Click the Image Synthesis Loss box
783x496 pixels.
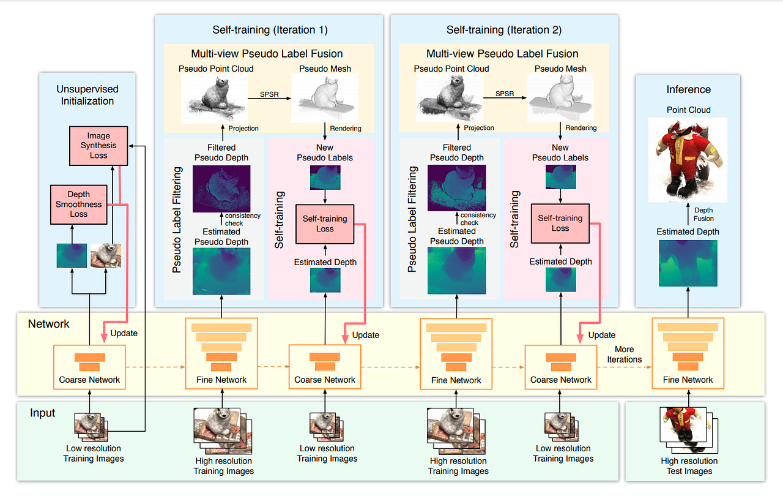coord(98,146)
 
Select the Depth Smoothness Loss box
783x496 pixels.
coord(78,205)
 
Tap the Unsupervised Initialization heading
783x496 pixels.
coord(87,95)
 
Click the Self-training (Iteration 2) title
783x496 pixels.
coord(504,29)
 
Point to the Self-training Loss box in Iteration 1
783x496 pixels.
coord(325,224)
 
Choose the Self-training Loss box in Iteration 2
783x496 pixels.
coord(560,223)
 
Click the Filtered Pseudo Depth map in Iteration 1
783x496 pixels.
coord(221,188)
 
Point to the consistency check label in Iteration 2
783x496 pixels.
coord(478,219)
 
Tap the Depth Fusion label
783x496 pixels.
coord(703,214)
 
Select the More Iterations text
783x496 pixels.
coord(624,355)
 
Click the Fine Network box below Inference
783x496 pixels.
coord(688,353)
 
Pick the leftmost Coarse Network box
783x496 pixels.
coord(89,367)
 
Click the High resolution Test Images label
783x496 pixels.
coord(689,466)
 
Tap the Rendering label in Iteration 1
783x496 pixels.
coord(346,128)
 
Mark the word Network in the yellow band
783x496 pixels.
coord(49,324)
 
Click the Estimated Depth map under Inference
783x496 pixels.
coord(688,263)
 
